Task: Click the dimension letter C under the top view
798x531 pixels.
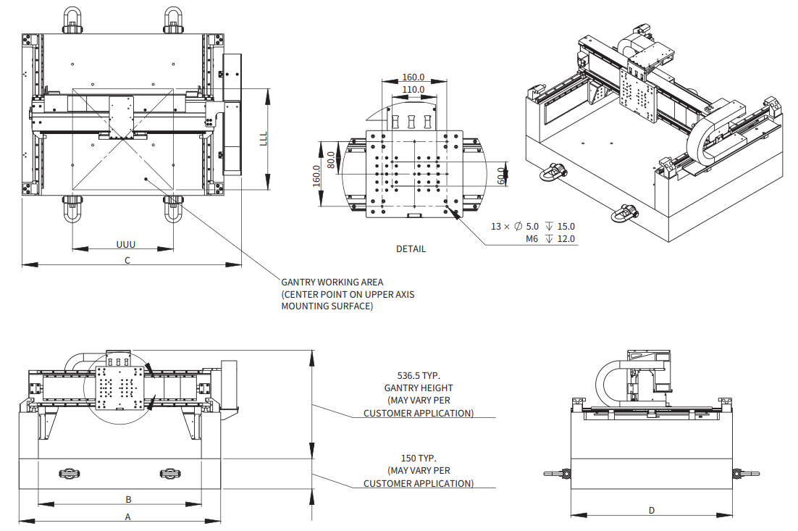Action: tap(127, 259)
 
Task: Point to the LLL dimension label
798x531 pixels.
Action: tap(264, 138)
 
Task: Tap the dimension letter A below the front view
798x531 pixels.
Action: tap(127, 517)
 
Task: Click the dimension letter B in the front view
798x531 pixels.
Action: tap(128, 499)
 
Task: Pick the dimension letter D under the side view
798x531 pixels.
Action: tap(651, 510)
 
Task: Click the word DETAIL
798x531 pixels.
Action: tap(411, 248)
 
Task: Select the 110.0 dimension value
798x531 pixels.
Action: tap(413, 89)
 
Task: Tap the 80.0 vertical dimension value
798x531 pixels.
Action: tap(331, 159)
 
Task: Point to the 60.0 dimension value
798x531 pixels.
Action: tap(500, 175)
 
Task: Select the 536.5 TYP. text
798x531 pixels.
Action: tap(419, 376)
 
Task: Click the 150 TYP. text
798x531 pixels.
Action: tap(419, 458)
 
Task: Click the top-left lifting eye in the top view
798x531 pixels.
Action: tap(72, 20)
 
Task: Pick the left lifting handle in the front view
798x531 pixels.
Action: tap(68, 473)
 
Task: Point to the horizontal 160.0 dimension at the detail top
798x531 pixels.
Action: tap(413, 78)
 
